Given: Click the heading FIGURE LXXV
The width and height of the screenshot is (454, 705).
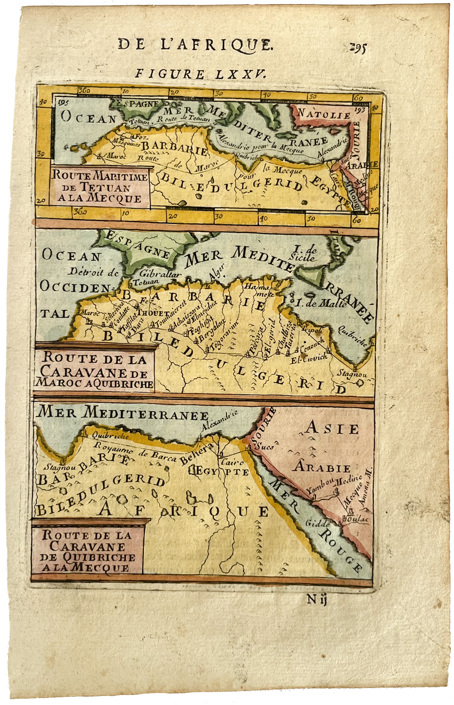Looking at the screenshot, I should (200, 74).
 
